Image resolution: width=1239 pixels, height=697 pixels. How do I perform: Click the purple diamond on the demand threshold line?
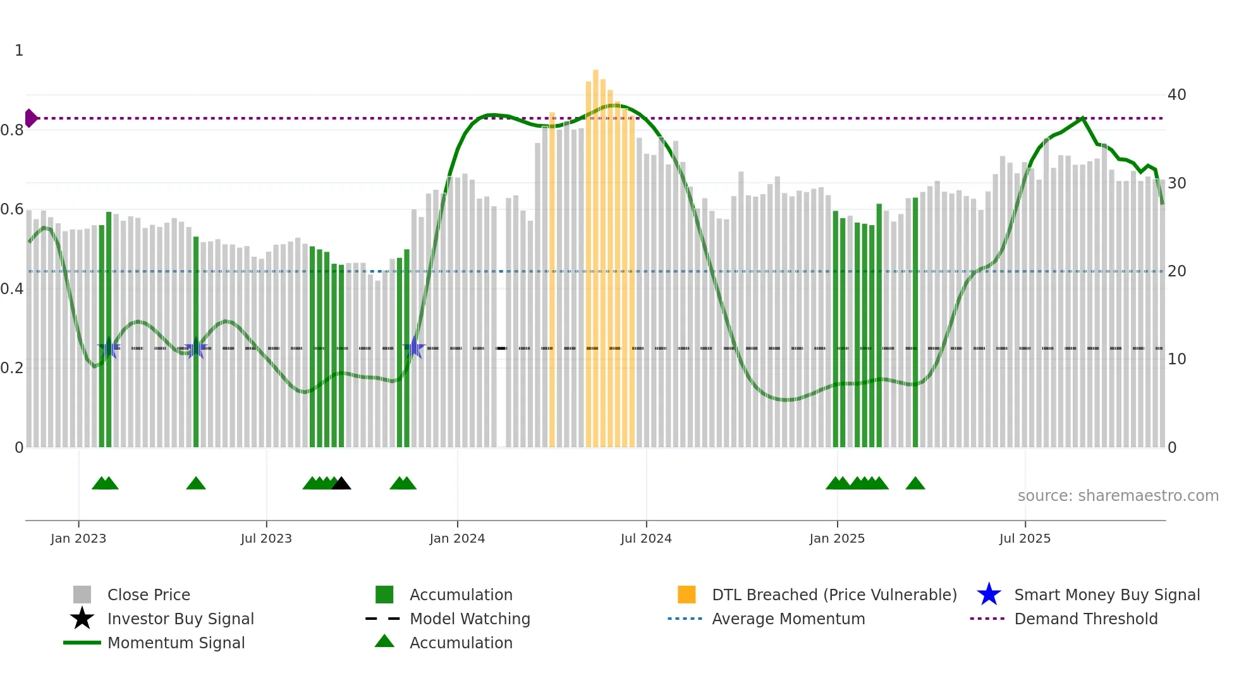pyautogui.click(x=30, y=118)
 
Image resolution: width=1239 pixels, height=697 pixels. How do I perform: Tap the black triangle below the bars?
pyautogui.click(x=341, y=484)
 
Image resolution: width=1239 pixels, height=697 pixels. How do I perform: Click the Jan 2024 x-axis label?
pyautogui.click(x=457, y=538)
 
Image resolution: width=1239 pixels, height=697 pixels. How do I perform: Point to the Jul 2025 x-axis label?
pyautogui.click(x=1025, y=538)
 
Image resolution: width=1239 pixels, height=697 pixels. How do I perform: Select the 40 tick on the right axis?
pyautogui.click(x=1176, y=95)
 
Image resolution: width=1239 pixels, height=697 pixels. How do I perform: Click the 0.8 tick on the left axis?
pyautogui.click(x=13, y=130)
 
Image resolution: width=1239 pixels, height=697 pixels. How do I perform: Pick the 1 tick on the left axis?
pyautogui.click(x=19, y=51)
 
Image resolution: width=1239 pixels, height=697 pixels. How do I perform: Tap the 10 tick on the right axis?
pyautogui.click(x=1176, y=359)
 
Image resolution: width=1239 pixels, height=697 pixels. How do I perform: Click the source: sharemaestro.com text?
pyautogui.click(x=1118, y=496)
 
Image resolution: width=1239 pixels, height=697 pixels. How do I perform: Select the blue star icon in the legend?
pyautogui.click(x=989, y=595)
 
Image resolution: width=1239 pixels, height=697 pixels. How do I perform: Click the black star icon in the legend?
pyautogui.click(x=82, y=619)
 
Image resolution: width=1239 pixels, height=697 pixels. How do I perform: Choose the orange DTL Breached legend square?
pyautogui.click(x=687, y=595)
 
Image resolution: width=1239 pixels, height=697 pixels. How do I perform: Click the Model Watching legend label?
pyautogui.click(x=470, y=619)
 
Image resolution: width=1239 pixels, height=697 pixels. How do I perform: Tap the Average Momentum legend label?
pyautogui.click(x=788, y=619)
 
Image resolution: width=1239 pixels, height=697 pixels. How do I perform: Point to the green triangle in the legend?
pyautogui.click(x=384, y=642)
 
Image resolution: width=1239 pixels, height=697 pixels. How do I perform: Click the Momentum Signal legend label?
pyautogui.click(x=176, y=643)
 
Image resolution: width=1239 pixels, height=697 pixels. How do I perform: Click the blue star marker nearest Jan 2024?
pyautogui.click(x=414, y=348)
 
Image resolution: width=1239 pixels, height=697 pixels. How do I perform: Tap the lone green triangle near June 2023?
pyautogui.click(x=196, y=484)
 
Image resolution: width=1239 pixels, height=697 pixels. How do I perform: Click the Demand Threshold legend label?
pyautogui.click(x=1085, y=619)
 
